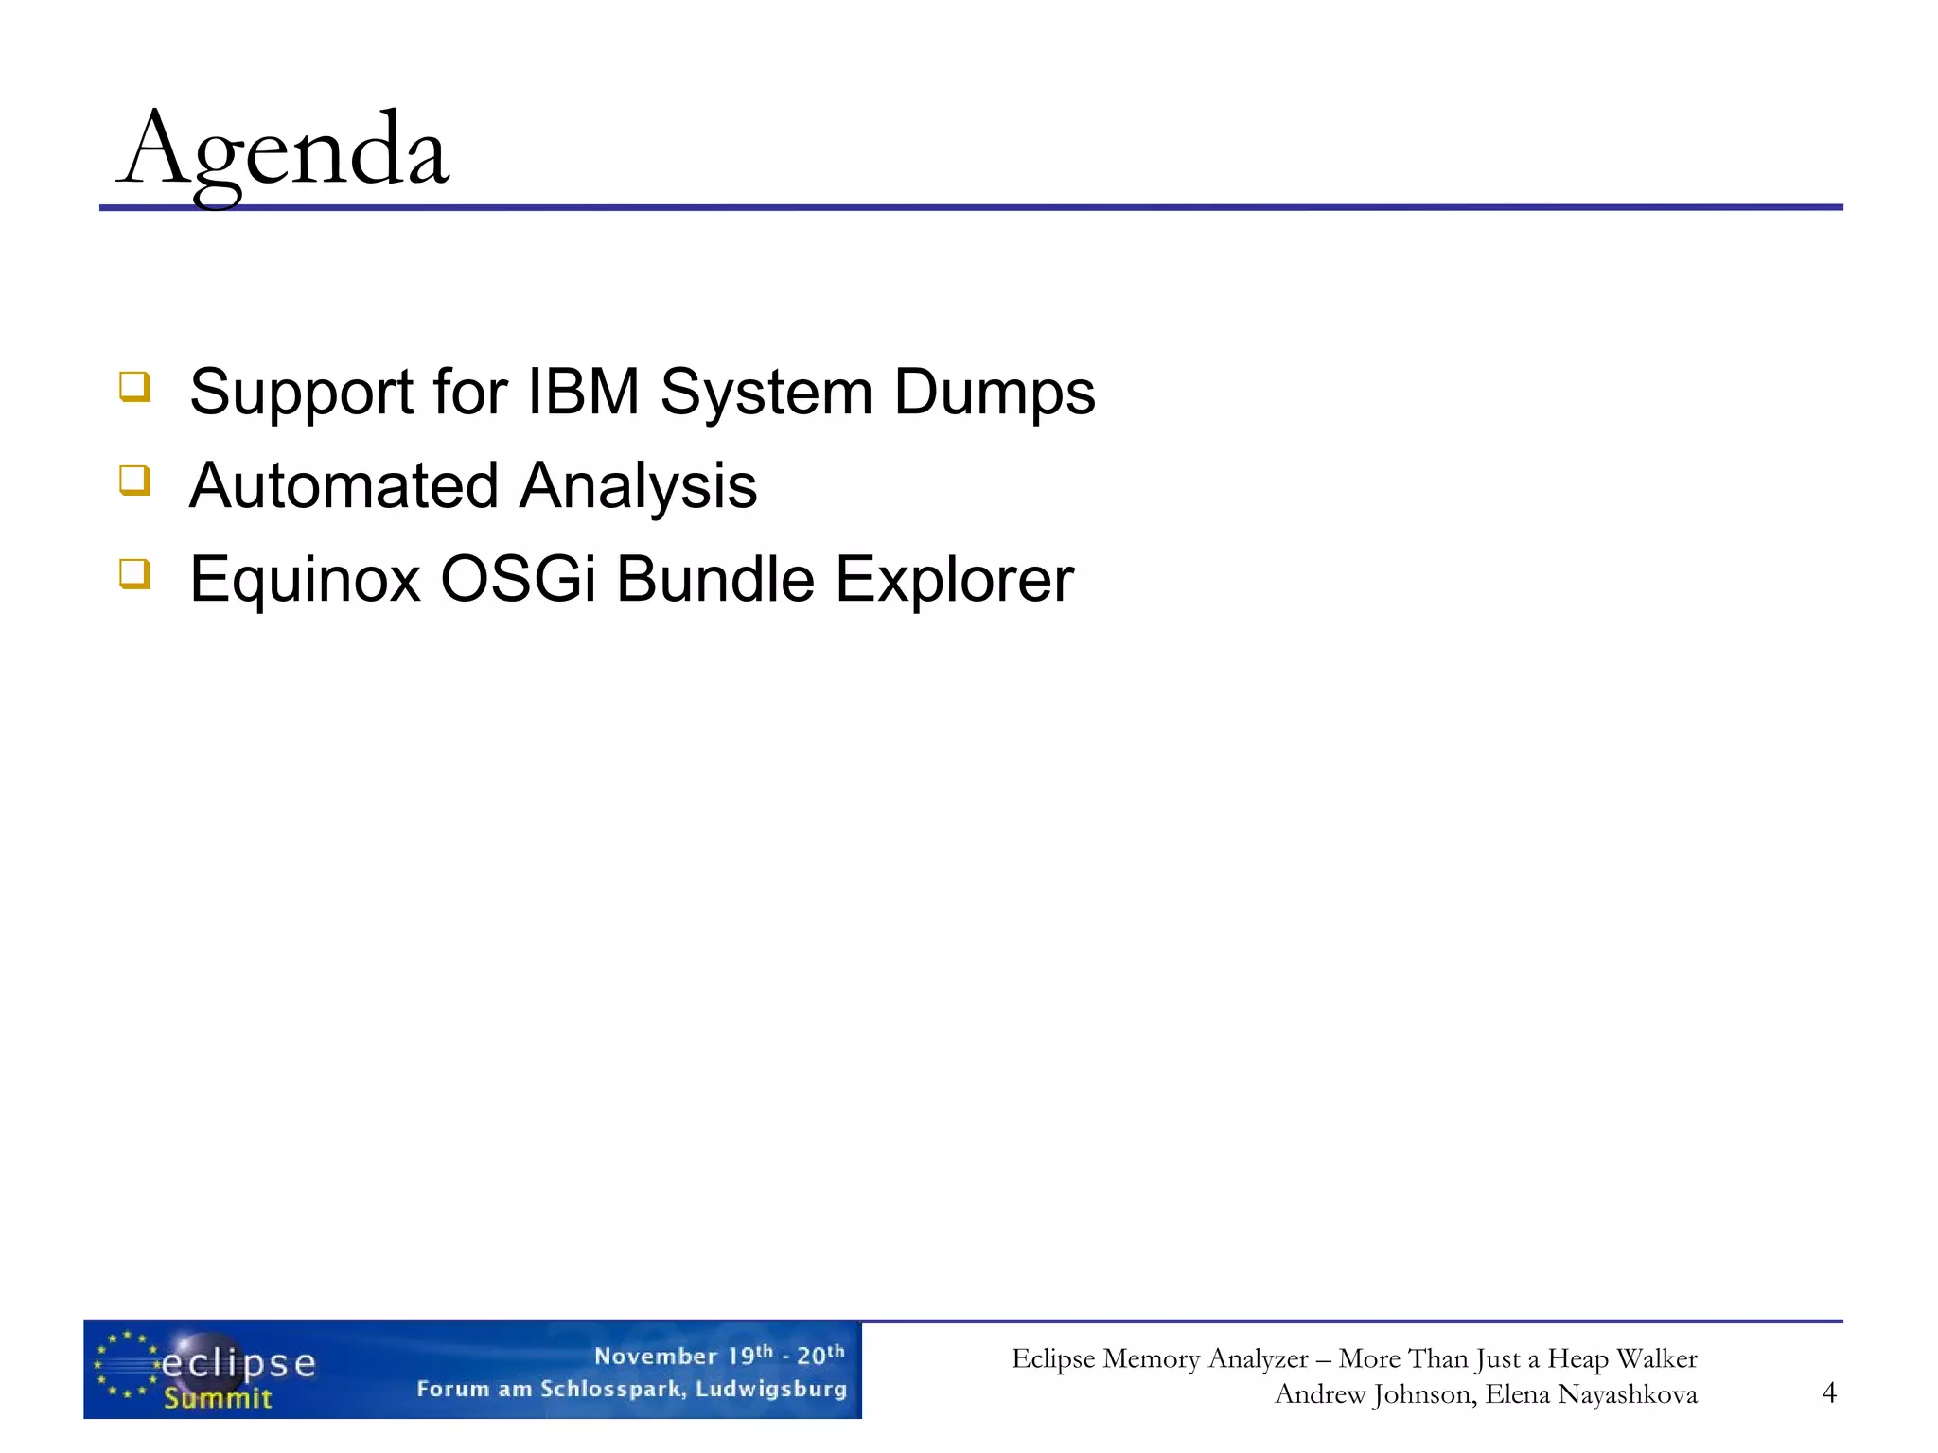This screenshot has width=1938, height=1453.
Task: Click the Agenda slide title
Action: click(284, 151)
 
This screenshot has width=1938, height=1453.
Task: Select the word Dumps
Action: click(994, 392)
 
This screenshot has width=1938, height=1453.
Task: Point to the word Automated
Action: click(343, 485)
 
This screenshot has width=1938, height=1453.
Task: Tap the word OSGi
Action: click(518, 579)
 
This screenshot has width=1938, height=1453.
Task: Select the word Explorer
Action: click(954, 579)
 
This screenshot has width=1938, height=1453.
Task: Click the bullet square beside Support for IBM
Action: click(134, 387)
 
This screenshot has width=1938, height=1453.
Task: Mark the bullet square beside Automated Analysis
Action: click(134, 481)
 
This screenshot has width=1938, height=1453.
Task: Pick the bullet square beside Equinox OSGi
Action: click(134, 574)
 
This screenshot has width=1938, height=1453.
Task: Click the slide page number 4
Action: click(1828, 1392)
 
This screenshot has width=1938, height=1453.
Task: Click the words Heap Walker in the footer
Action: click(1622, 1358)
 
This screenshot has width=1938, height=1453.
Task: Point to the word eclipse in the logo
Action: click(238, 1363)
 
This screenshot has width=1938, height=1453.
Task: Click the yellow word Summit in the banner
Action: click(217, 1398)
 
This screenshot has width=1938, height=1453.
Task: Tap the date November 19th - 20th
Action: click(718, 1356)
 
